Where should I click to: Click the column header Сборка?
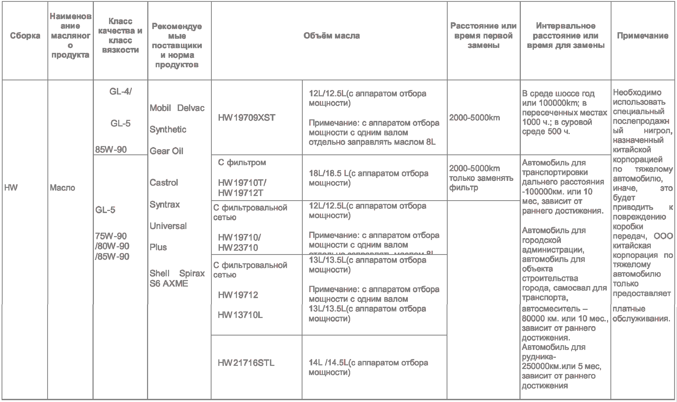coord(25,36)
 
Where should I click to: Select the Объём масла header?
coord(332,36)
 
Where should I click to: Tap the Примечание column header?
coord(642,36)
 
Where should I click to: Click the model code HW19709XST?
coord(247,118)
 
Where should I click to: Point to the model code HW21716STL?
coord(246,363)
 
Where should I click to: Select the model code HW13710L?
coord(240,315)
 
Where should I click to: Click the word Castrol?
coord(164,183)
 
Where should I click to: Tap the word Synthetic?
coord(168,130)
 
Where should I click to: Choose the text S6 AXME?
coord(169,284)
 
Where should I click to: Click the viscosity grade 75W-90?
coord(111,236)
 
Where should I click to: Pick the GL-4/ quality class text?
coord(120,92)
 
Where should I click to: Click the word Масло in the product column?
coord(62,188)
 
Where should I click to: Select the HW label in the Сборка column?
coord(11,188)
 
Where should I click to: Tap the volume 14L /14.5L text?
coord(328,363)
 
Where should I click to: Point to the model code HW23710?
coord(238,248)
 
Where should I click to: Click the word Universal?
coord(168,226)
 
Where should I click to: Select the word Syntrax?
coord(165,204)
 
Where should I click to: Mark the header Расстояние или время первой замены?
coord(483,36)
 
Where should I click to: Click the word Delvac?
coord(191,108)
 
